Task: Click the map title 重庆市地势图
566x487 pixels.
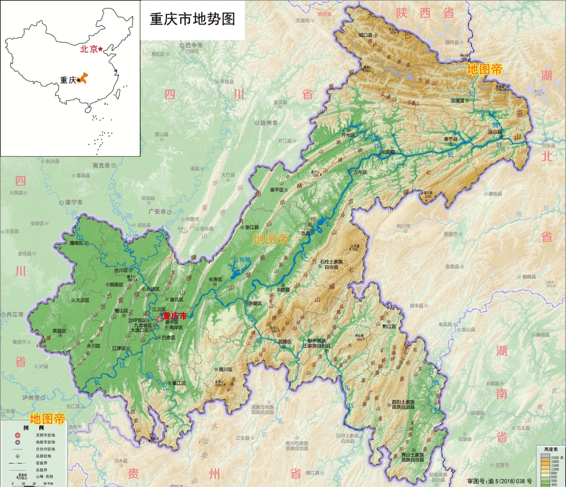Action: [x=192, y=19]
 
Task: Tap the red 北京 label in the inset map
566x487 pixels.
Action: [x=89, y=49]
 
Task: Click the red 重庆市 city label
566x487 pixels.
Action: [x=175, y=316]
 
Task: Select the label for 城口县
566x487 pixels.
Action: [x=366, y=35]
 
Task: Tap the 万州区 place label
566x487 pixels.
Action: [x=360, y=172]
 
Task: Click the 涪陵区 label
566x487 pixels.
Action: [x=255, y=303]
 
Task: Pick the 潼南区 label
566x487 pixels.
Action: [x=76, y=243]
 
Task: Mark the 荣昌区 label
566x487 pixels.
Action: [x=59, y=331]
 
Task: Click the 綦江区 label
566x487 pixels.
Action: [x=178, y=383]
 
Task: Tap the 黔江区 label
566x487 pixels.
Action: [x=389, y=327]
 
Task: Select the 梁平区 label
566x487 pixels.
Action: [x=277, y=190]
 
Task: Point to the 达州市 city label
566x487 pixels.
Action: [x=269, y=123]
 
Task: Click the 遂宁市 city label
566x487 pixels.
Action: [x=74, y=202]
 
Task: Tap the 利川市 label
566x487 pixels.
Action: [x=403, y=226]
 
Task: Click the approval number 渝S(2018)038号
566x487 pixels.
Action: [x=499, y=481]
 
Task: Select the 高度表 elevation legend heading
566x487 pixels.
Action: [x=551, y=450]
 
